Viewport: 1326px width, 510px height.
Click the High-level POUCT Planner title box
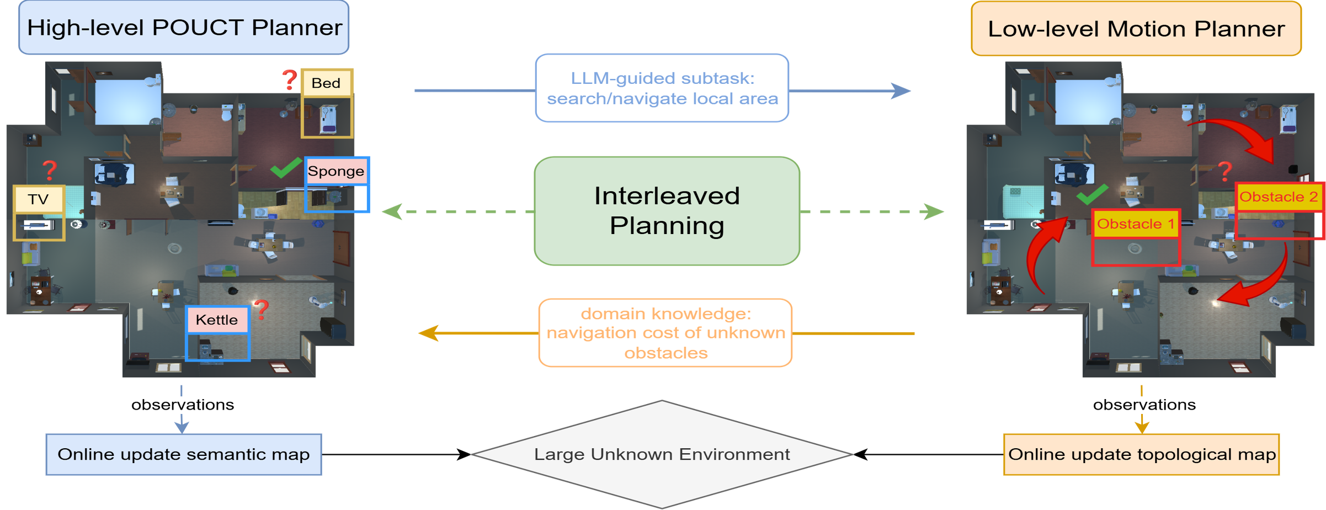(x=184, y=28)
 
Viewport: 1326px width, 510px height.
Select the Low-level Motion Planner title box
(x=1136, y=29)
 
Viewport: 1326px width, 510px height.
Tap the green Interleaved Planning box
(x=667, y=211)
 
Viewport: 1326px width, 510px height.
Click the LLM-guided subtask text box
(x=662, y=88)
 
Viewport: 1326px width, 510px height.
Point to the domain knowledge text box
(x=665, y=333)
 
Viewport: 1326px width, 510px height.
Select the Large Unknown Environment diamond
(x=662, y=454)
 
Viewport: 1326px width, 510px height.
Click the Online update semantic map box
(x=184, y=454)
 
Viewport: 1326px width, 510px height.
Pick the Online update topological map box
(x=1141, y=454)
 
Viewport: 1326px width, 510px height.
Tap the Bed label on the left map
(x=326, y=83)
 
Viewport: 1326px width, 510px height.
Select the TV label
(x=39, y=199)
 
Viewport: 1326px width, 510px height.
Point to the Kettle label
(x=217, y=320)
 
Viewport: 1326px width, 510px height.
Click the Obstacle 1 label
(x=1136, y=224)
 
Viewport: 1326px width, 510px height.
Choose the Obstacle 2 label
(x=1279, y=197)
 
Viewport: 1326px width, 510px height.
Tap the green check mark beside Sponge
(x=286, y=168)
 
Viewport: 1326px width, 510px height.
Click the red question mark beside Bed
(x=290, y=80)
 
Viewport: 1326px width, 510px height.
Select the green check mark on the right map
(x=1092, y=194)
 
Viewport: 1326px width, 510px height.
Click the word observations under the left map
(x=183, y=405)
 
